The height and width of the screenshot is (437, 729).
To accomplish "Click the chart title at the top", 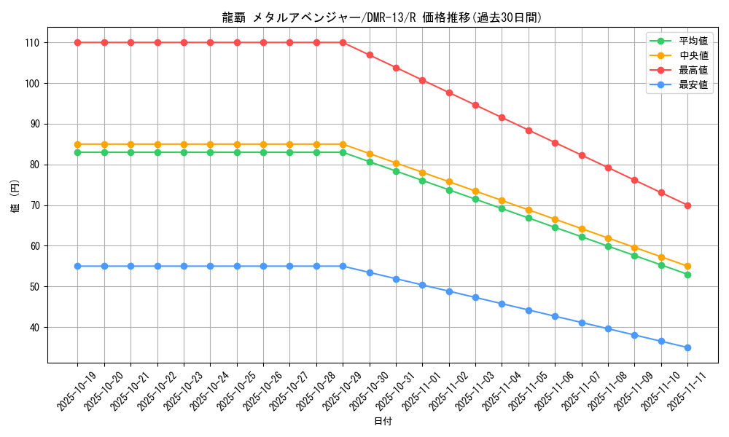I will pyautogui.click(x=382, y=17).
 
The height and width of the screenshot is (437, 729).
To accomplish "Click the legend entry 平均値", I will pyautogui.click(x=693, y=42).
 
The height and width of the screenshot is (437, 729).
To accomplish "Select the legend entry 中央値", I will pyautogui.click(x=693, y=56).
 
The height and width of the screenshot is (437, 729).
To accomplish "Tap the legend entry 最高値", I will pyautogui.click(x=693, y=71).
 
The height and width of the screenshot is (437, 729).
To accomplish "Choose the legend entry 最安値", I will pyautogui.click(x=693, y=85).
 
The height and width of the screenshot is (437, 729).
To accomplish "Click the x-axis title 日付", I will pyautogui.click(x=383, y=422).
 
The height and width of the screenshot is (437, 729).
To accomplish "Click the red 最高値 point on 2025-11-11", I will pyautogui.click(x=687, y=205).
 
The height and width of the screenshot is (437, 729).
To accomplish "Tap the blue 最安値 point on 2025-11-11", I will pyautogui.click(x=687, y=347).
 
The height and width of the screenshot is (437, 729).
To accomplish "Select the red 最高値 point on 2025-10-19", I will pyautogui.click(x=78, y=42).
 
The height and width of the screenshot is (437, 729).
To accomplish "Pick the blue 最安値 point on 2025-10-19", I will pyautogui.click(x=78, y=266).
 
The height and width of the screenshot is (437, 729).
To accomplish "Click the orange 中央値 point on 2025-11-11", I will pyautogui.click(x=687, y=266).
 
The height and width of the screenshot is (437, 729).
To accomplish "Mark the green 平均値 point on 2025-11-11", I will pyautogui.click(x=687, y=275).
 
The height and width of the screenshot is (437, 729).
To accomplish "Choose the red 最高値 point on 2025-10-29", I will pyautogui.click(x=343, y=42).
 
